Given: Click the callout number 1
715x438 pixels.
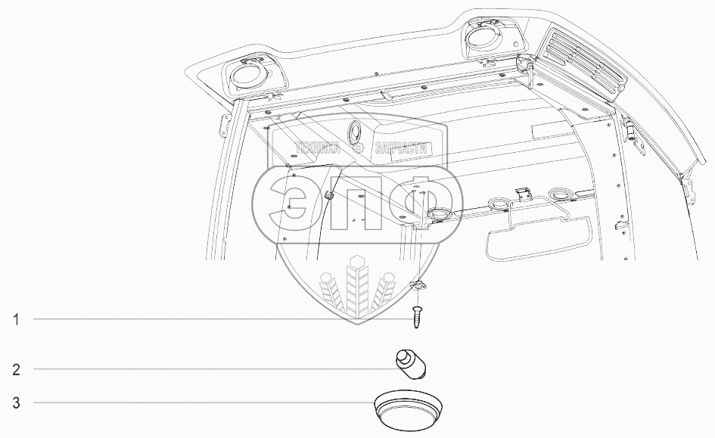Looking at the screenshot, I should [x=15, y=320].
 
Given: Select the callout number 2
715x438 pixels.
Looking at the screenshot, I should [x=15, y=370].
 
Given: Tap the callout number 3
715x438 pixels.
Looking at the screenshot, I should [x=15, y=403].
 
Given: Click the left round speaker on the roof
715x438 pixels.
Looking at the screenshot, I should [x=246, y=76].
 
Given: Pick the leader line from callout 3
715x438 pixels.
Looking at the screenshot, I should [x=204, y=403].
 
